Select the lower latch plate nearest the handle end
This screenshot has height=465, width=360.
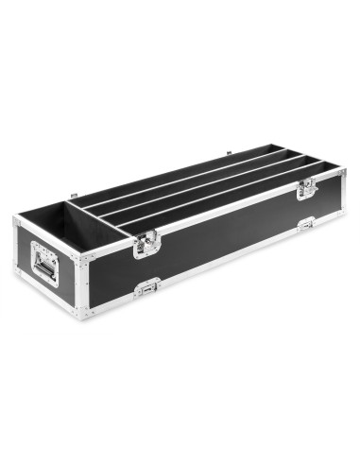(147, 287)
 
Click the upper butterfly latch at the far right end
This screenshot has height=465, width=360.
(306, 189)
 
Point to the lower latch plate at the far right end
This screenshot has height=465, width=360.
(305, 223)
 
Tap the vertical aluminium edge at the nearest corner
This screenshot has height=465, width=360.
(84, 284)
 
